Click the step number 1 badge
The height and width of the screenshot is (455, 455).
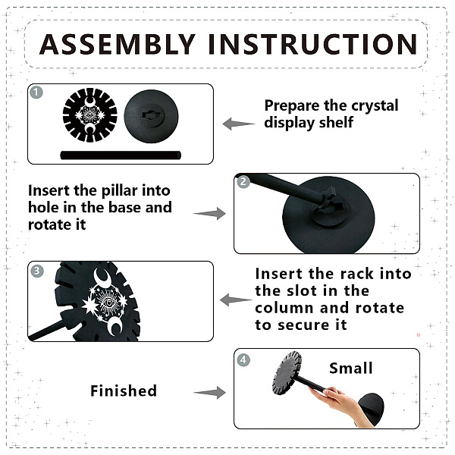pyautogui.click(x=36, y=93)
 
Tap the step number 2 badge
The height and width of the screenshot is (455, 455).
pyautogui.click(x=243, y=182)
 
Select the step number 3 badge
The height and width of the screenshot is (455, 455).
pyautogui.click(x=36, y=271)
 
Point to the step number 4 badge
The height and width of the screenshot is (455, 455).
pyautogui.click(x=243, y=359)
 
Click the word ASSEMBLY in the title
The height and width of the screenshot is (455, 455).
pyautogui.click(x=118, y=44)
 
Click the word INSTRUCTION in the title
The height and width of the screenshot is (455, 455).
pyautogui.click(x=312, y=44)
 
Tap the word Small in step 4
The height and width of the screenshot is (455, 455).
pyautogui.click(x=351, y=369)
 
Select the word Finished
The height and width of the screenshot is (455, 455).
pyautogui.click(x=124, y=391)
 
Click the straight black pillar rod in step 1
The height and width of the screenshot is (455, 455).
pyautogui.click(x=121, y=155)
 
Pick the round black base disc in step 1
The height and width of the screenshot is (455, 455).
pyautogui.click(x=151, y=116)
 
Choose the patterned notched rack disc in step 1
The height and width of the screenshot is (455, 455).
pyautogui.click(x=90, y=115)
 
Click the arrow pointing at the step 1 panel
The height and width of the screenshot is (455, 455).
pyautogui.click(x=239, y=124)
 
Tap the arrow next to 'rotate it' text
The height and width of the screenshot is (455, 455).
pyautogui.click(x=209, y=214)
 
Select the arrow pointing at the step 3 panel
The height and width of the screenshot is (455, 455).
pyautogui.click(x=236, y=300)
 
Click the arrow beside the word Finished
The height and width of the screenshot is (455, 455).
pyautogui.click(x=209, y=393)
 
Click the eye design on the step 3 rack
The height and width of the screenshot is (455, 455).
pyautogui.click(x=108, y=303)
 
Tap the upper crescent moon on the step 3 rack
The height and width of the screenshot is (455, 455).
pyautogui.click(x=102, y=276)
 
